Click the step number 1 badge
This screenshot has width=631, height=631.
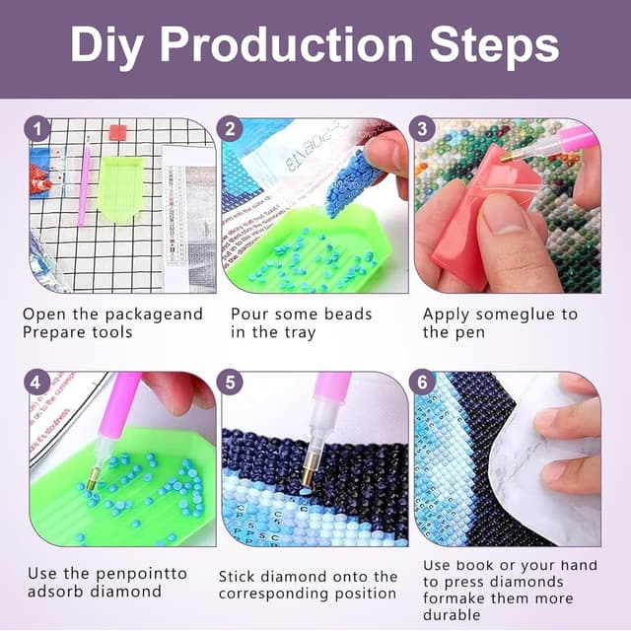click(37, 128)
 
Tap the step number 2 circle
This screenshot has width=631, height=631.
click(230, 128)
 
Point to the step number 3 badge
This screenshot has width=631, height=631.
click(423, 128)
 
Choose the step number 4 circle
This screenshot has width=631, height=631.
click(37, 382)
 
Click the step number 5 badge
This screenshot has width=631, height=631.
click(230, 382)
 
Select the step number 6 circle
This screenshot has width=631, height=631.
click(423, 382)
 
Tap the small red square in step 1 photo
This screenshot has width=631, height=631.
click(118, 132)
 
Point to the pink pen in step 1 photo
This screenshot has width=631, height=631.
click(85, 182)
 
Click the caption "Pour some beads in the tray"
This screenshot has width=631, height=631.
click(301, 323)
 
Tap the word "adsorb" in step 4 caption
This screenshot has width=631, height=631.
click(53, 592)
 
